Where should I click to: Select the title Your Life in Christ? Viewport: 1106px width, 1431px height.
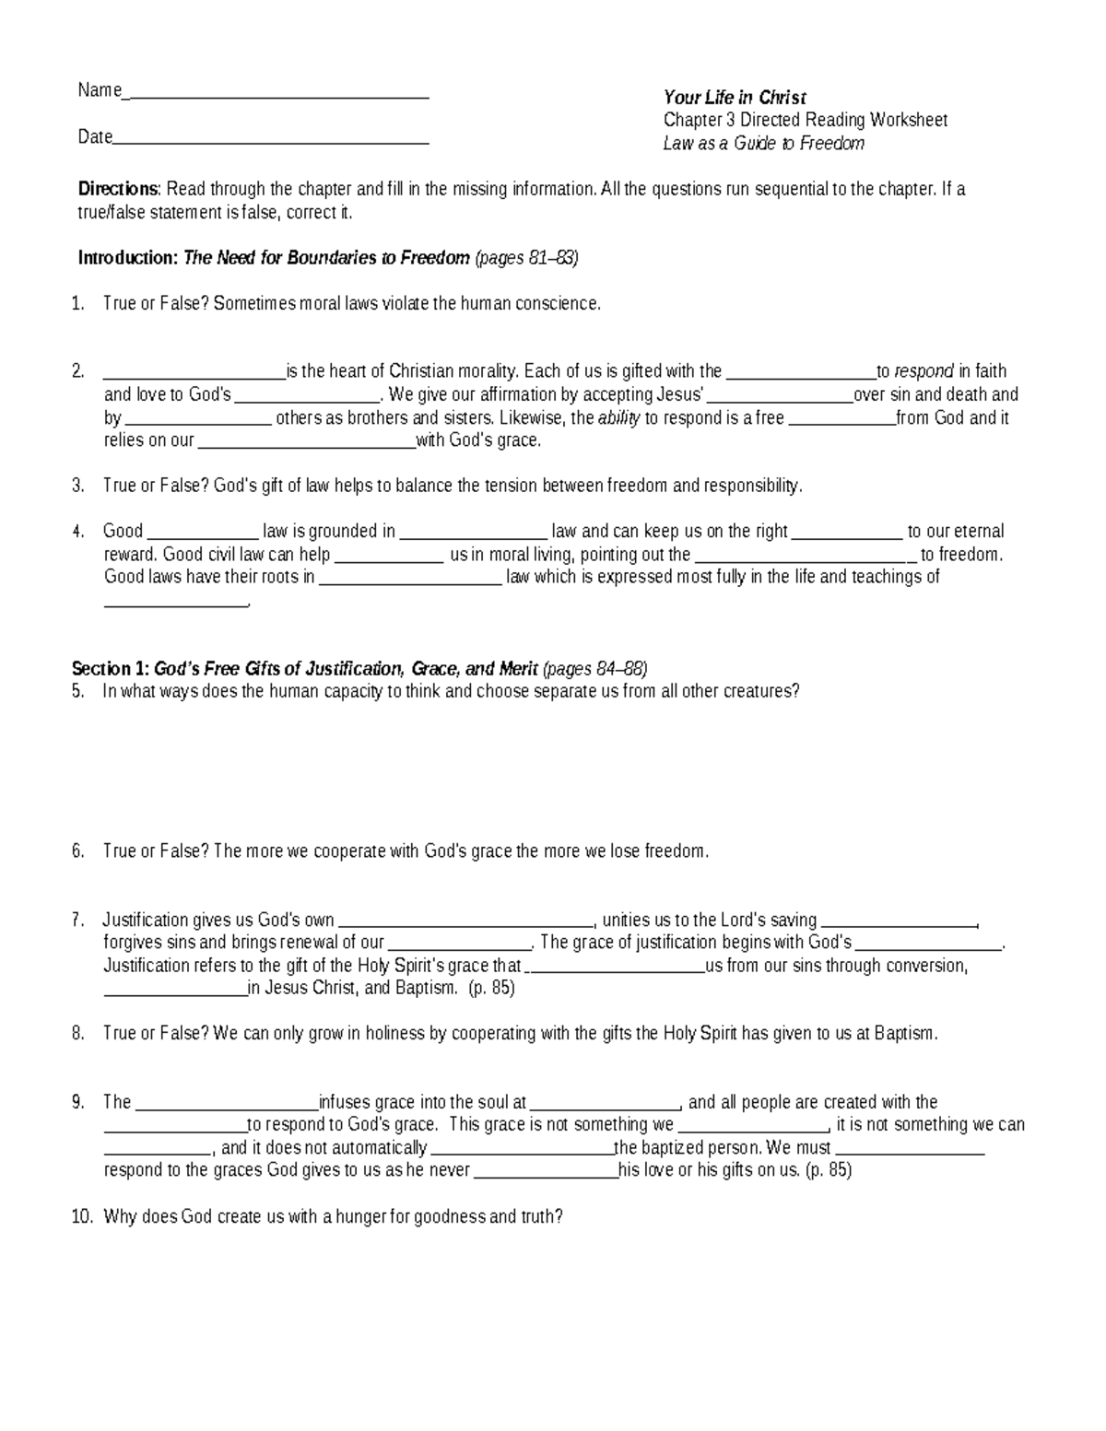(735, 98)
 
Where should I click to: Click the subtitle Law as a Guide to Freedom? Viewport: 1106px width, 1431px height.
(763, 143)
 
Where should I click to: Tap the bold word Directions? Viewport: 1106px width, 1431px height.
(119, 190)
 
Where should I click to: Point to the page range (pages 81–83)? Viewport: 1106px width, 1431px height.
(526, 258)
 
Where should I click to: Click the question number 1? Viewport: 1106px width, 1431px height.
(77, 304)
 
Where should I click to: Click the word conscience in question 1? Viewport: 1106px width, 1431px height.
(556, 304)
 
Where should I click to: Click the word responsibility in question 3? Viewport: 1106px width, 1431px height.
(752, 487)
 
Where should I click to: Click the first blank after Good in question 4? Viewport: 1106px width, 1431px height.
(203, 533)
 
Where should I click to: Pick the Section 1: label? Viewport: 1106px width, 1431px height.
(111, 669)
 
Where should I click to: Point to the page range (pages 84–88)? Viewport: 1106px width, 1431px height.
(595, 669)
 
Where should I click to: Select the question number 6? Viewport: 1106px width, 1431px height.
(77, 851)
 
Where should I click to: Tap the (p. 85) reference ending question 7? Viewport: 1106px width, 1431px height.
(491, 989)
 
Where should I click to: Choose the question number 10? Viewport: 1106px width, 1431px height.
(81, 1217)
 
